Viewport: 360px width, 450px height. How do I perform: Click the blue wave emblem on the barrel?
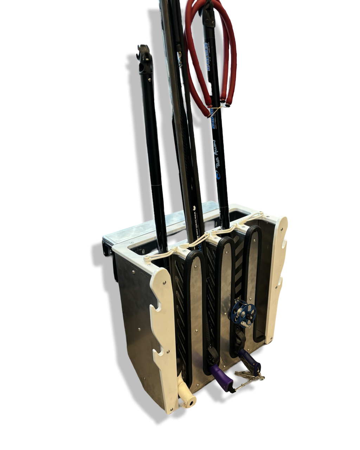[x=218, y=175]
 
